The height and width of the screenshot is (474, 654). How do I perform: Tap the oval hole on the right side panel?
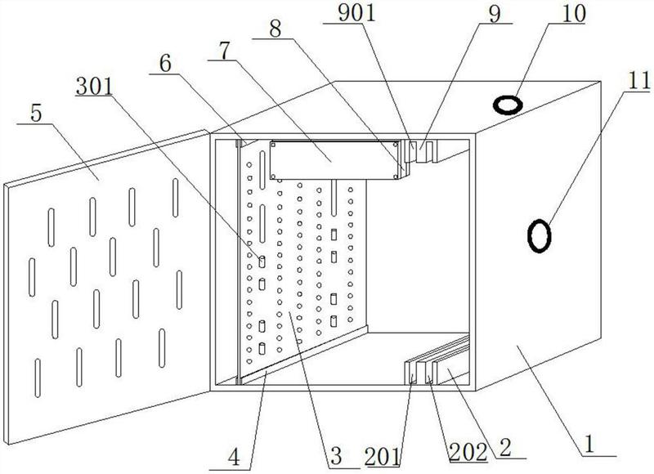pos(540,235)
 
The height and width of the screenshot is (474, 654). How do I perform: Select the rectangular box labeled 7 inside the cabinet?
pos(335,157)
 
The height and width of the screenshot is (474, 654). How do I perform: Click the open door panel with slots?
pos(106,270)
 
